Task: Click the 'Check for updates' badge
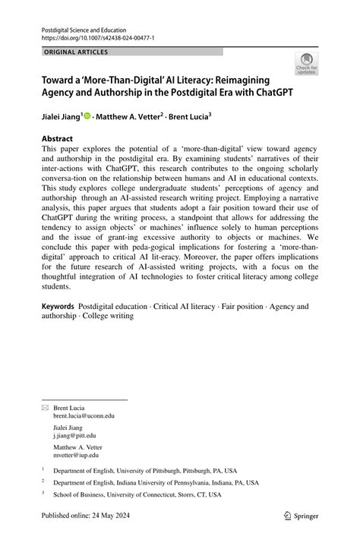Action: coord(307,64)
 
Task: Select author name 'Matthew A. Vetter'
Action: coord(128,118)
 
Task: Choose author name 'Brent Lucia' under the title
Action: coord(188,118)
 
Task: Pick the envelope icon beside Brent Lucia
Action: coord(44,408)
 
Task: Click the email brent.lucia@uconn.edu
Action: coord(84,416)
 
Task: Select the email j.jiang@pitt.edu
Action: coord(74,435)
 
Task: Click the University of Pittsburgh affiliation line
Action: coord(144,471)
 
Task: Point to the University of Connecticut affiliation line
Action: coord(137,494)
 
